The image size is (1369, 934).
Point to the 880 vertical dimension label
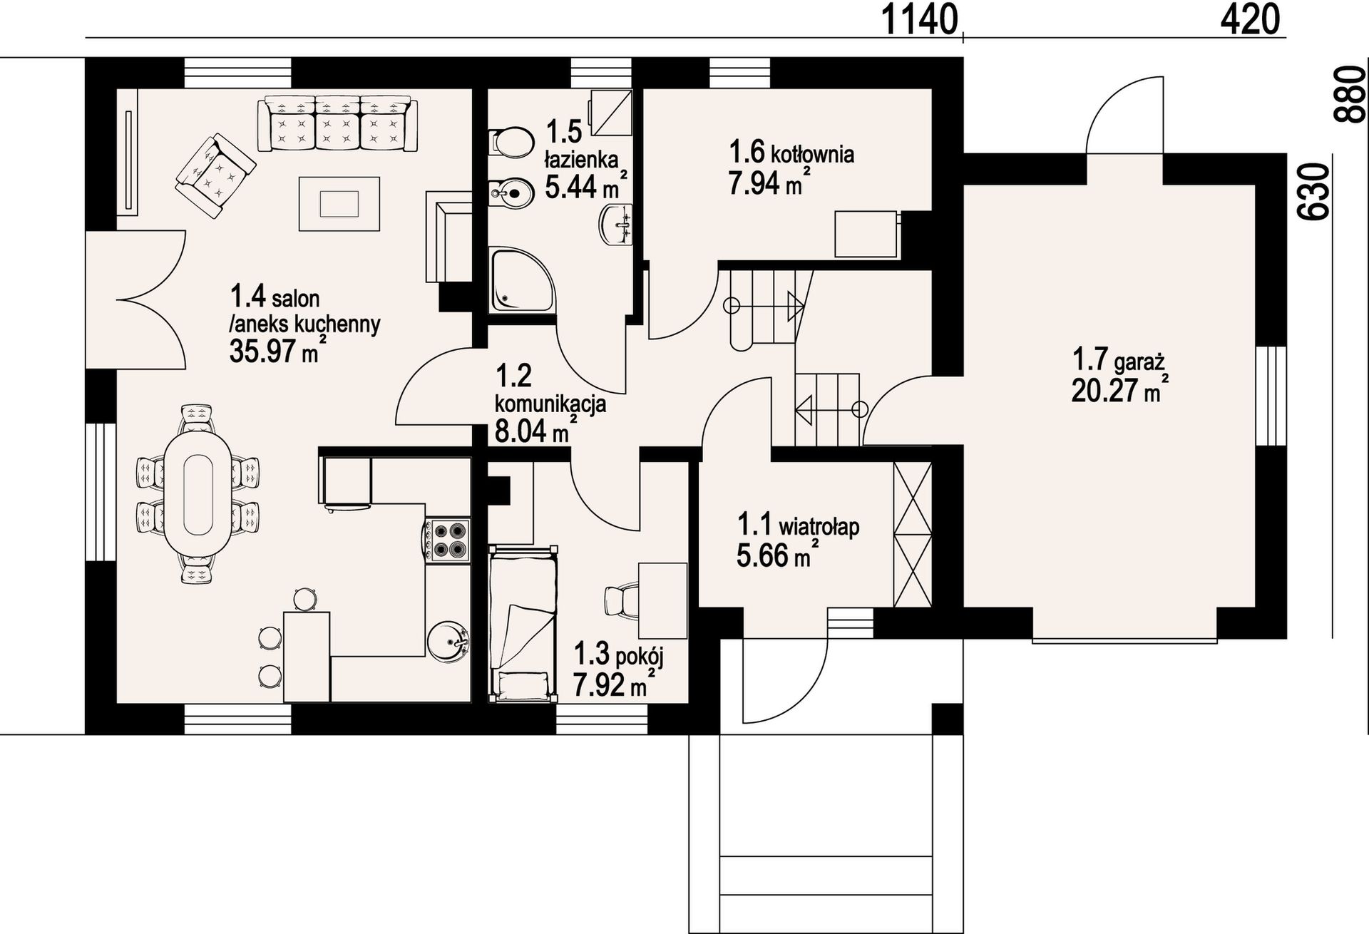pos(1349,95)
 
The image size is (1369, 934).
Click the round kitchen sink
pos(449,640)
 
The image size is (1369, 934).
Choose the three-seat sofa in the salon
pos(338,123)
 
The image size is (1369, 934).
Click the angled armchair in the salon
pos(215,176)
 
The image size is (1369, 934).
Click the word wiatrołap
pos(819,528)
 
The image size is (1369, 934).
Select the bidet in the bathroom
pos(511,192)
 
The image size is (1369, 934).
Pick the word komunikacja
pos(550,404)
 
